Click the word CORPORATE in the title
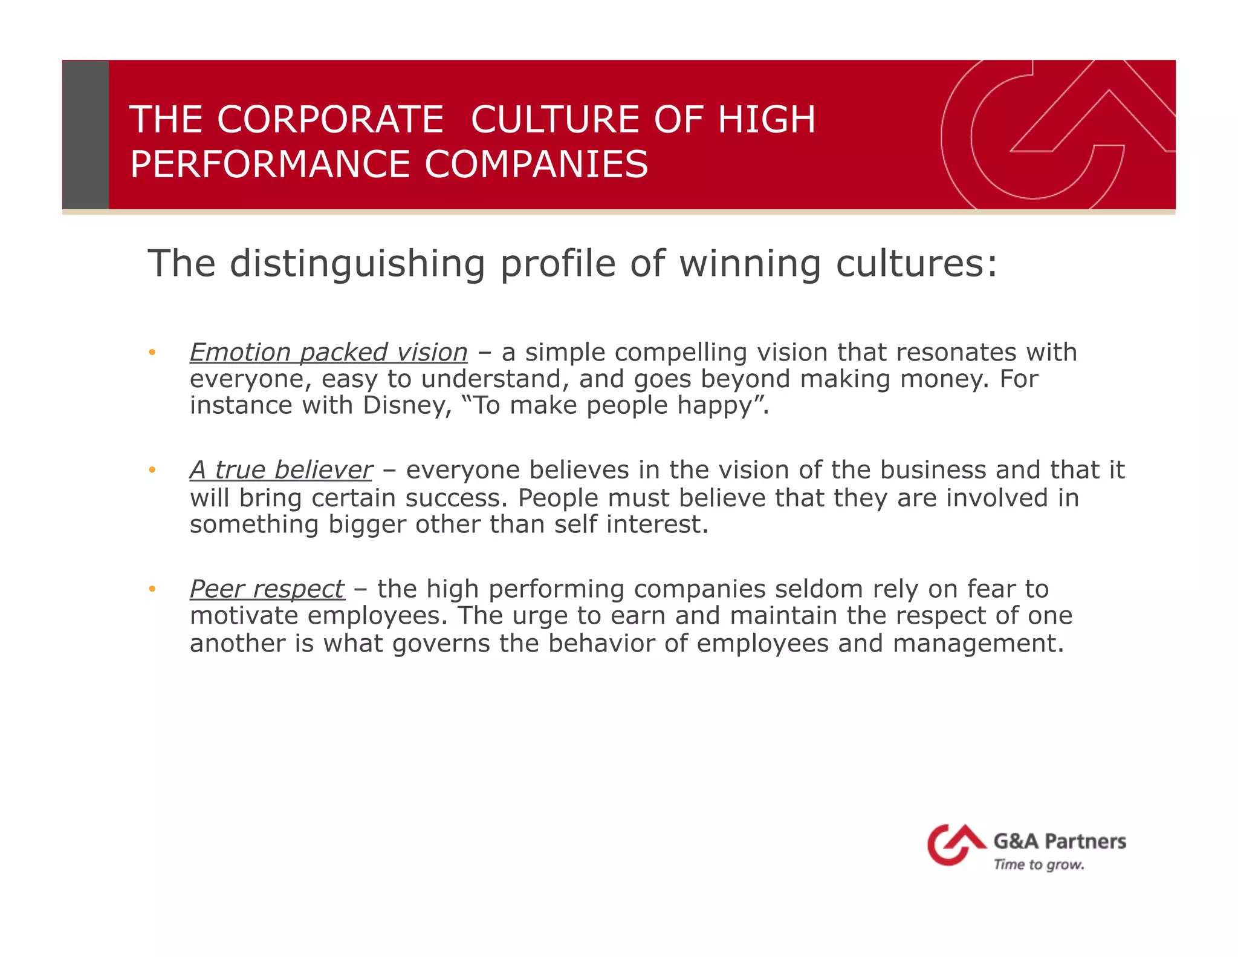tap(331, 119)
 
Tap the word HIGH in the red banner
tap(766, 119)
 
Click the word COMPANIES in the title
tap(536, 165)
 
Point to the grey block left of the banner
tap(86, 135)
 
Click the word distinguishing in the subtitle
tap(357, 264)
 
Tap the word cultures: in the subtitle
tap(916, 264)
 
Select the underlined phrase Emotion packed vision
tap(329, 353)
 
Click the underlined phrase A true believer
tap(281, 470)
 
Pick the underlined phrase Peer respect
tap(267, 589)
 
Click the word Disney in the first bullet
tap(407, 405)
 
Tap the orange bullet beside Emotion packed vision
tap(152, 353)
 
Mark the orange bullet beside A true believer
tap(152, 470)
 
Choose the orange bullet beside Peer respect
tap(152, 589)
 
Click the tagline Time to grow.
tap(1039, 864)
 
